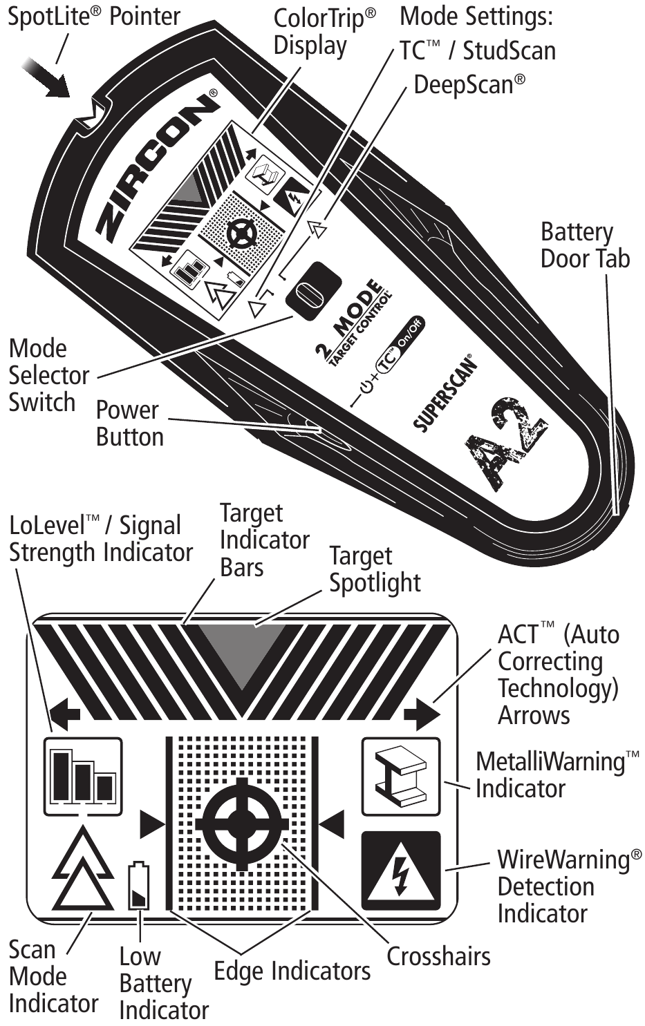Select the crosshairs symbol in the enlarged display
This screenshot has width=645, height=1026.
[241, 824]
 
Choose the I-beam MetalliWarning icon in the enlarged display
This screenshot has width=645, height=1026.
[400, 777]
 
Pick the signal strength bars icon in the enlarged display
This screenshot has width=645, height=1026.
[83, 775]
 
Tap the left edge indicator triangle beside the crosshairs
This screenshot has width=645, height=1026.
[152, 823]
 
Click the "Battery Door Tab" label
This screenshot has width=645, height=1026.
[585, 245]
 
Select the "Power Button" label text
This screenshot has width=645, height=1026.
[129, 423]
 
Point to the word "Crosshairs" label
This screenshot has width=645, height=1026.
[438, 956]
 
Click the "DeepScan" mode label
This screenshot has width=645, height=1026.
[469, 84]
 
